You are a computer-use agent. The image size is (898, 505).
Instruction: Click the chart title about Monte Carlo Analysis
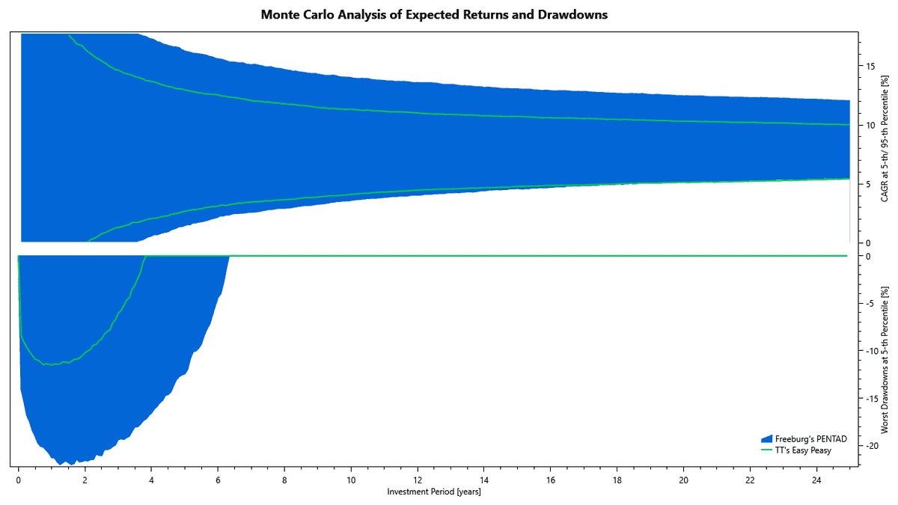coord(434,15)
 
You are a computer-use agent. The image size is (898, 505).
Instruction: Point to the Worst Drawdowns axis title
coord(885,360)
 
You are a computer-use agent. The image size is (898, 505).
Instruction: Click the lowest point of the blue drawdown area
coord(69,464)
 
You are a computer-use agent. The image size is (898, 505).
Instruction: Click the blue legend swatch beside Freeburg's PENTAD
coord(766,439)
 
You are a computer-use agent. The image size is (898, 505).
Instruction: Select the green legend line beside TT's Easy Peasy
coord(766,450)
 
